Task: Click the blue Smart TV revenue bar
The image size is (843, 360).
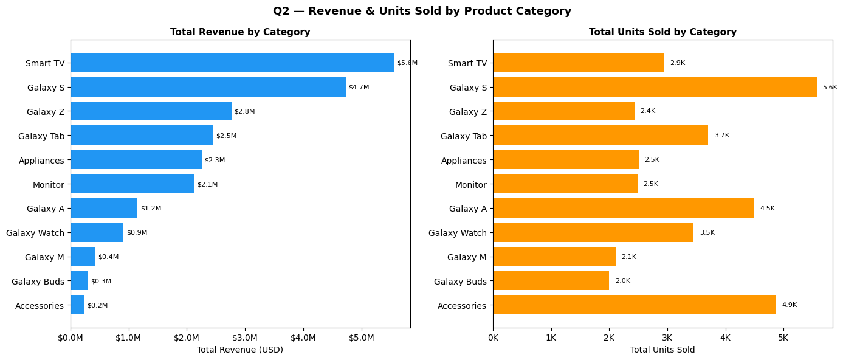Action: pyautogui.click(x=232, y=63)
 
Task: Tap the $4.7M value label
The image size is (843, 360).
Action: pyautogui.click(x=359, y=87)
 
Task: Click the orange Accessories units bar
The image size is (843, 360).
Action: pyautogui.click(x=634, y=305)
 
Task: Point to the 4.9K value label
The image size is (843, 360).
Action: pyautogui.click(x=789, y=305)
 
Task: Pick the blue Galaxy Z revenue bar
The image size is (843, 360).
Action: pyautogui.click(x=151, y=111)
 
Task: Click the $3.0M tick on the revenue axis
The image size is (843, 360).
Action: pyautogui.click(x=245, y=337)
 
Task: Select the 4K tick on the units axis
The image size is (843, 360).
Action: pyautogui.click(x=725, y=337)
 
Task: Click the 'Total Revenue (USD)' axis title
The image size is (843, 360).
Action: pyautogui.click(x=240, y=350)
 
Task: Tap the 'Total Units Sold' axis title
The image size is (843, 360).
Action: pyautogui.click(x=662, y=350)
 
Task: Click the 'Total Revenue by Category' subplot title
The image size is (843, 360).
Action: pyautogui.click(x=240, y=32)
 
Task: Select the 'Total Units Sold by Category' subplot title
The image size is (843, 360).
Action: pyautogui.click(x=662, y=32)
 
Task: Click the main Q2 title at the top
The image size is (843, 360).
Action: pyautogui.click(x=422, y=11)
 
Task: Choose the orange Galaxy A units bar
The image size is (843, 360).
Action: pyautogui.click(x=623, y=208)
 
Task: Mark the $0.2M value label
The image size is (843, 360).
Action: pyautogui.click(x=97, y=305)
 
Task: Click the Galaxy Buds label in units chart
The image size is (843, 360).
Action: pyautogui.click(x=460, y=281)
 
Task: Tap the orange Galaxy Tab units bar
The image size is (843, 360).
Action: pyautogui.click(x=600, y=135)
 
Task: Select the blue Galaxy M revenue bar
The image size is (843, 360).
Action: pyautogui.click(x=83, y=257)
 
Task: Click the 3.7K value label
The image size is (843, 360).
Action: pyautogui.click(x=721, y=135)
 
